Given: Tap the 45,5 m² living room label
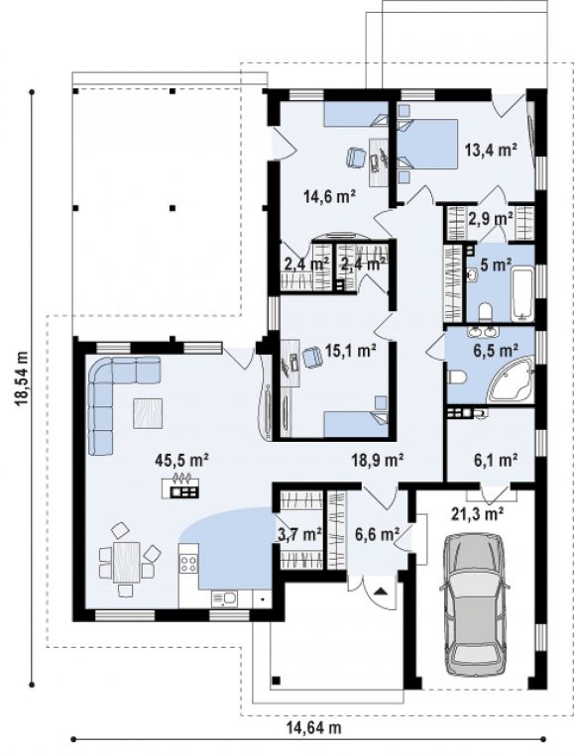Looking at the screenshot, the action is [x=181, y=460].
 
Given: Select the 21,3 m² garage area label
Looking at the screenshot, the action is [x=477, y=514].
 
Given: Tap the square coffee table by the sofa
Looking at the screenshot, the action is [x=148, y=413].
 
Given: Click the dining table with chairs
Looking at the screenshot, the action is [x=127, y=562].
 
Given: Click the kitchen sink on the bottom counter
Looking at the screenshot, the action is [x=224, y=598].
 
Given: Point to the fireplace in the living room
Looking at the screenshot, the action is [x=180, y=486].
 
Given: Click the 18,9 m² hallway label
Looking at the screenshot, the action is [x=377, y=460].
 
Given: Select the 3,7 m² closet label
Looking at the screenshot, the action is [x=299, y=534].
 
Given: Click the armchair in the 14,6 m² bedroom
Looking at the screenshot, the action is [x=356, y=158].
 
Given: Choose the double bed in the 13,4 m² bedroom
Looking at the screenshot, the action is [x=427, y=144].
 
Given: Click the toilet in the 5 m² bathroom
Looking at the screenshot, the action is [x=485, y=312].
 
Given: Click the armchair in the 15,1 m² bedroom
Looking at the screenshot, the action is [x=312, y=357].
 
